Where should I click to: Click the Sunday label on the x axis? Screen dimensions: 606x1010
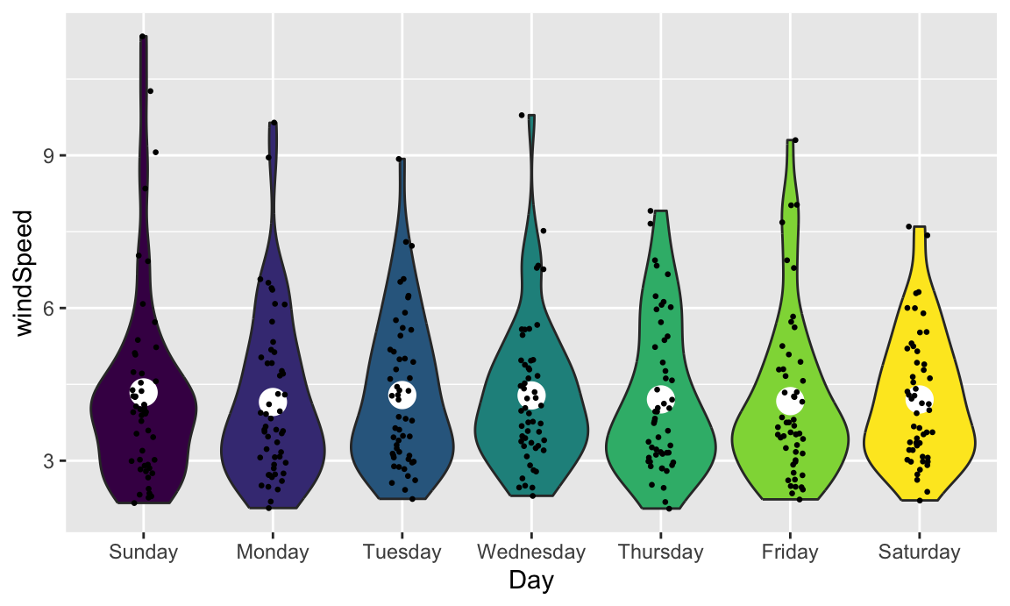click(143, 553)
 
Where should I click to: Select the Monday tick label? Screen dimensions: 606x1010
click(272, 553)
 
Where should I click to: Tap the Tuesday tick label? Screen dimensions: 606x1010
click(402, 553)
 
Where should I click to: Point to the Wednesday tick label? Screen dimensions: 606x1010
click(530, 553)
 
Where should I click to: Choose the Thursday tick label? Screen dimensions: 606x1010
click(660, 553)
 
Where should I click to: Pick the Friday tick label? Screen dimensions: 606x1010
click(789, 553)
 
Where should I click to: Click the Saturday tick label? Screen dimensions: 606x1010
click(918, 553)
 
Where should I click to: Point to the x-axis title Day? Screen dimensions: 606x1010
click(530, 581)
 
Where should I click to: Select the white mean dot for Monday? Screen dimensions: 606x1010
click(273, 402)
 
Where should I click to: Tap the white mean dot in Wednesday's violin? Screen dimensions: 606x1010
click(531, 396)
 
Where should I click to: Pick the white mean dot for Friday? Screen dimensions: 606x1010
click(790, 401)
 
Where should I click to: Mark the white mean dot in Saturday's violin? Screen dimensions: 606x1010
click(919, 399)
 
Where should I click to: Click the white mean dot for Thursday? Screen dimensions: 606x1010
click(660, 399)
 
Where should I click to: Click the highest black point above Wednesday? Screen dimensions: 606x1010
click(522, 115)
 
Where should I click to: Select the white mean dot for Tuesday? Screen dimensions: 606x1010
click(402, 395)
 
